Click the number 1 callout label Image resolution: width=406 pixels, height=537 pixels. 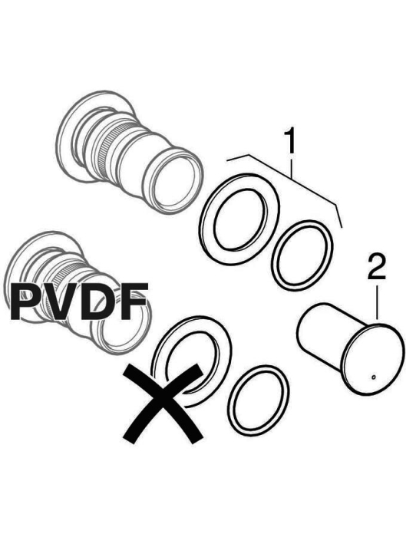[291, 141]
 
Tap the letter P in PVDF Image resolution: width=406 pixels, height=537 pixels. [27, 301]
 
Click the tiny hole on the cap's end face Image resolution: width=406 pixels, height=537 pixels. [373, 377]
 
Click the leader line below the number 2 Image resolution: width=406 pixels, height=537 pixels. [378, 302]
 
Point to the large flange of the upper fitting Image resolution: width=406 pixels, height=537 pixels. [68, 137]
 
